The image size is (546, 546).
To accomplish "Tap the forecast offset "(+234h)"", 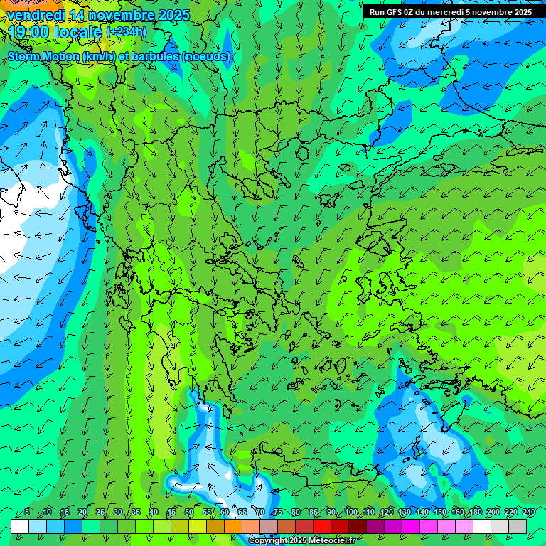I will [x=127, y=31].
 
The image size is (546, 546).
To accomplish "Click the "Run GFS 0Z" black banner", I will [x=451, y=12].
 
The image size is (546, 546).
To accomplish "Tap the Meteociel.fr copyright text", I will [x=301, y=541].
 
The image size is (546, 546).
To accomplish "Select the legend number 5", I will [x=27, y=512].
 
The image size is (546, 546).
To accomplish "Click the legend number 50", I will [x=189, y=512].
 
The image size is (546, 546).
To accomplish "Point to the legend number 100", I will [x=351, y=512].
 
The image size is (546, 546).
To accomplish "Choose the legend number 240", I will [x=529, y=512].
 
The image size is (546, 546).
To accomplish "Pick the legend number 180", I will [x=476, y=512].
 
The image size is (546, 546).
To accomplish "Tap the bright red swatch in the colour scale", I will [x=322, y=526].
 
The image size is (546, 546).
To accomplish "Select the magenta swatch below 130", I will [x=411, y=526].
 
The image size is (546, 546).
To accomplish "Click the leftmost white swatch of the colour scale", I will [x=20, y=526].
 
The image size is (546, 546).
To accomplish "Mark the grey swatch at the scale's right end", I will [x=518, y=526].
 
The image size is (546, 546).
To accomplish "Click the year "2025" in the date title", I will [x=173, y=15].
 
